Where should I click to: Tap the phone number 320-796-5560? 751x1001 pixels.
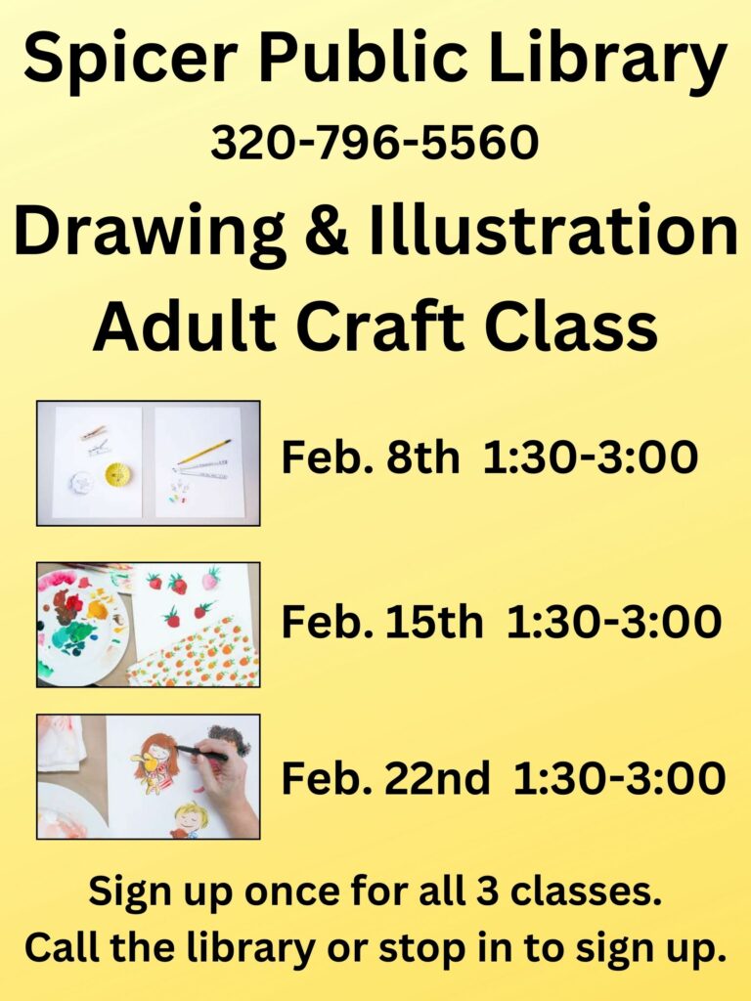pyautogui.click(x=375, y=143)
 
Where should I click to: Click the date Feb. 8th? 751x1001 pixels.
pyautogui.click(x=371, y=457)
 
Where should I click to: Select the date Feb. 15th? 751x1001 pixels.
pyautogui.click(x=382, y=622)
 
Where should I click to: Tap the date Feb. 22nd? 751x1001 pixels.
pyautogui.click(x=385, y=778)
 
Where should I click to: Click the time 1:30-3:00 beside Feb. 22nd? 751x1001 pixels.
pyautogui.click(x=619, y=778)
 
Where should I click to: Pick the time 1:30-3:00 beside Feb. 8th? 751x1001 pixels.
pyautogui.click(x=590, y=457)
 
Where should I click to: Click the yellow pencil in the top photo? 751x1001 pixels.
pyautogui.click(x=203, y=452)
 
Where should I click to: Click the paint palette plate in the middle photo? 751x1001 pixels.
pyautogui.click(x=82, y=624)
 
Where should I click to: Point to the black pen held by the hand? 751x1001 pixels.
pyautogui.click(x=200, y=753)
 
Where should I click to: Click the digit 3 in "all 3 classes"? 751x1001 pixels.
pyautogui.click(x=486, y=892)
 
